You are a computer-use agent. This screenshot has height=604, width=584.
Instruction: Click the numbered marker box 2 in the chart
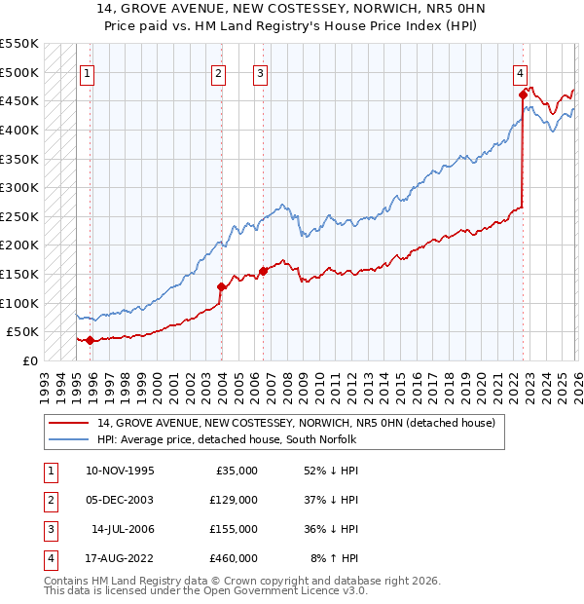pyautogui.click(x=219, y=72)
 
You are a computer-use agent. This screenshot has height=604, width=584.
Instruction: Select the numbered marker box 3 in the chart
pyautogui.click(x=261, y=72)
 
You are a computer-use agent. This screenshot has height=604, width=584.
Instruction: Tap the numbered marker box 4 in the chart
pyautogui.click(x=521, y=72)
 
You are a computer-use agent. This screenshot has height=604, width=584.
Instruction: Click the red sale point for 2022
pyautogui.click(x=523, y=95)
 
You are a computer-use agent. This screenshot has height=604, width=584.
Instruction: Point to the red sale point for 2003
pyautogui.click(x=221, y=286)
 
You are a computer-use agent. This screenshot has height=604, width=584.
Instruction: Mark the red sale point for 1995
pyautogui.click(x=91, y=340)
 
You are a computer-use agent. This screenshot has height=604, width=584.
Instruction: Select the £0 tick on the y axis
pyautogui.click(x=29, y=360)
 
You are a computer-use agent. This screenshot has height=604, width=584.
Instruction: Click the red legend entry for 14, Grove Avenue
pyautogui.click(x=296, y=423)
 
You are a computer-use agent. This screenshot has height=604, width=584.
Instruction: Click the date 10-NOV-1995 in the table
pyautogui.click(x=120, y=471)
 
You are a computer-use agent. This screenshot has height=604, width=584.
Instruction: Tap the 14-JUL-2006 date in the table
pyautogui.click(x=122, y=529)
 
